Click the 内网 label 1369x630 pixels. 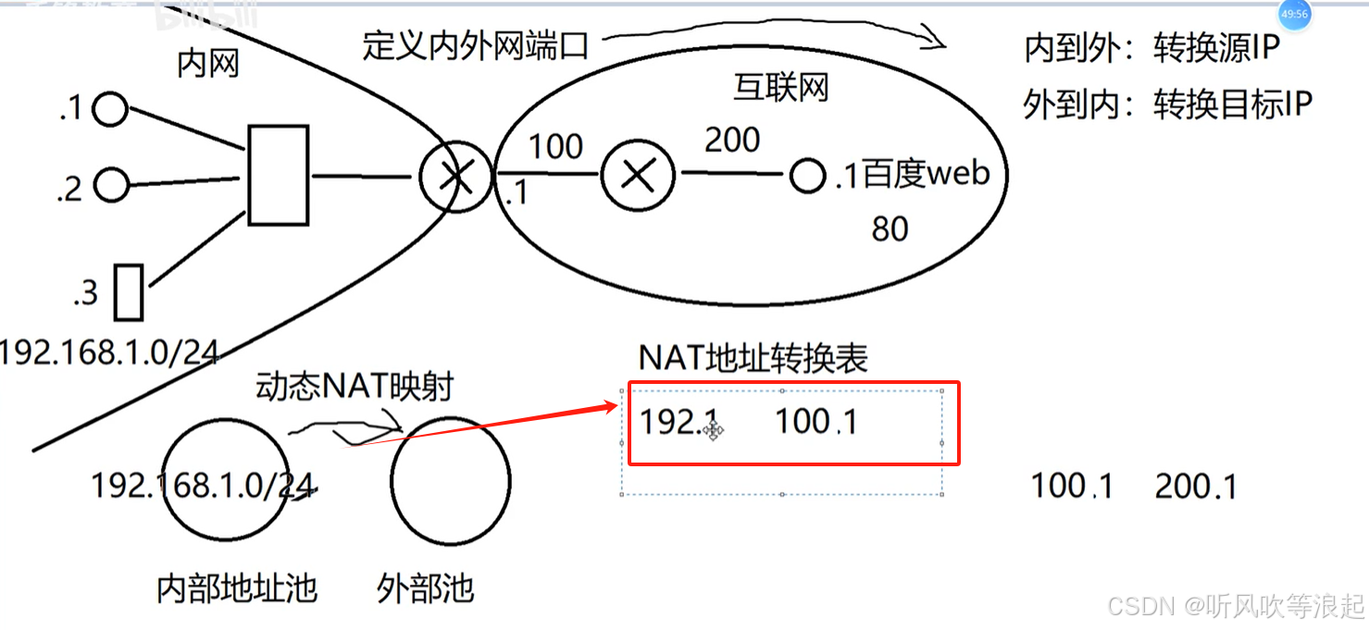click(208, 64)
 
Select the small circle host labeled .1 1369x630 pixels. click(111, 109)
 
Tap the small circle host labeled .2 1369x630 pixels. click(112, 185)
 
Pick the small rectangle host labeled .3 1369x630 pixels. click(129, 291)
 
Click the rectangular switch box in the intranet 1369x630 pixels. click(278, 176)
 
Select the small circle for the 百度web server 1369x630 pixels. click(808, 176)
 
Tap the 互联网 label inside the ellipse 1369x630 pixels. click(780, 88)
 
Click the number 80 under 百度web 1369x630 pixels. click(890, 229)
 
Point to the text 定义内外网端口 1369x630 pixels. click(476, 44)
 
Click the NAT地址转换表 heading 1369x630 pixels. click(753, 359)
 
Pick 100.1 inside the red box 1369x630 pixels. click(815, 422)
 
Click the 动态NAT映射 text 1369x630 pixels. click(355, 387)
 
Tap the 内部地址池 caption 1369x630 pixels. click(237, 587)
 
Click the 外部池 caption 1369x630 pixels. click(426, 587)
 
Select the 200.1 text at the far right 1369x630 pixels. click(1196, 487)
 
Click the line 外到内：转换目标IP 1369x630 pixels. click(1168, 105)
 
